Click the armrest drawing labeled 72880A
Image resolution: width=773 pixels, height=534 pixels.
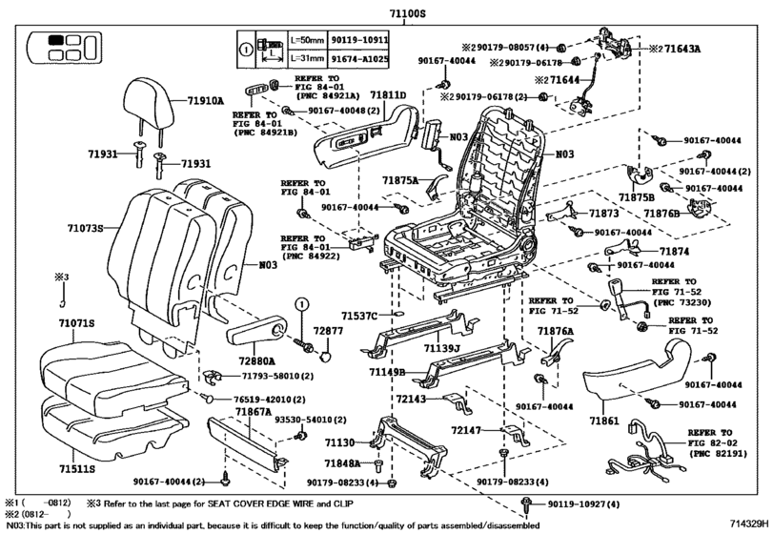click(259, 335)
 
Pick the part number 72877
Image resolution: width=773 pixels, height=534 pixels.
click(329, 330)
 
